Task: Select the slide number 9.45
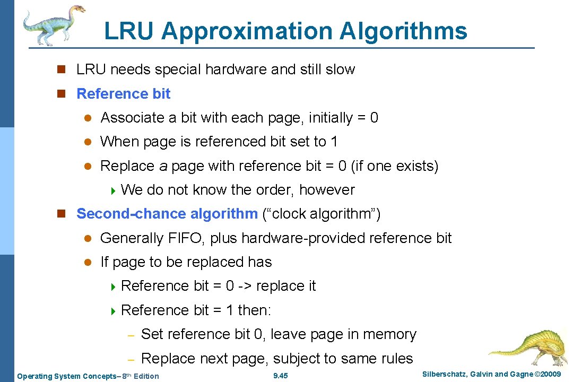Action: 280,376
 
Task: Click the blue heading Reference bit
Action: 124,94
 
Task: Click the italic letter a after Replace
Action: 163,167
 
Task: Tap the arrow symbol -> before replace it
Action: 245,286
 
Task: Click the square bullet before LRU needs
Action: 62,70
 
